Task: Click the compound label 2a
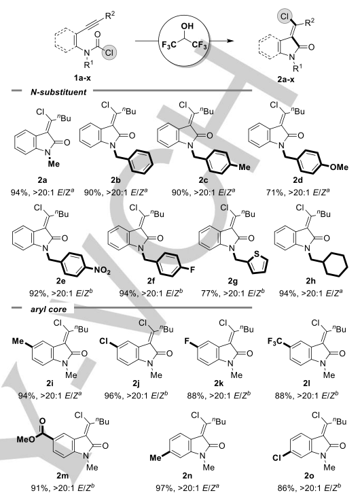point(42,180)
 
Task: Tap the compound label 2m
point(63,476)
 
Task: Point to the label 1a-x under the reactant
point(82,78)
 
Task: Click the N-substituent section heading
point(58,92)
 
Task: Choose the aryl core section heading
point(48,309)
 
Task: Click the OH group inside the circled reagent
point(187,26)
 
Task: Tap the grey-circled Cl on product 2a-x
point(285,17)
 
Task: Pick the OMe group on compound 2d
point(339,167)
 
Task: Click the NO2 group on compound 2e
point(102,271)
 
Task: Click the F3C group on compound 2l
point(275,342)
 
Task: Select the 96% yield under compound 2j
point(111,396)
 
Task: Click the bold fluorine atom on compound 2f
point(183,270)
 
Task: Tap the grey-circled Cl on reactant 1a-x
point(109,52)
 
